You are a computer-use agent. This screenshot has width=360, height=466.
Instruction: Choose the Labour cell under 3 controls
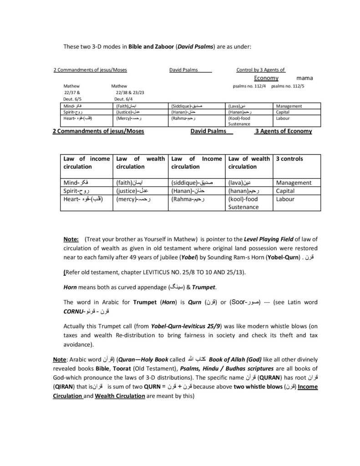pyautogui.click(x=285, y=199)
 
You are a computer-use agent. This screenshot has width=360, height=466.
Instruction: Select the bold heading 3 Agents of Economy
pyautogui.click(x=283, y=131)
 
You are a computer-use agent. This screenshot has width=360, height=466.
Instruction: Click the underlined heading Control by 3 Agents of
pyautogui.click(x=261, y=70)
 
